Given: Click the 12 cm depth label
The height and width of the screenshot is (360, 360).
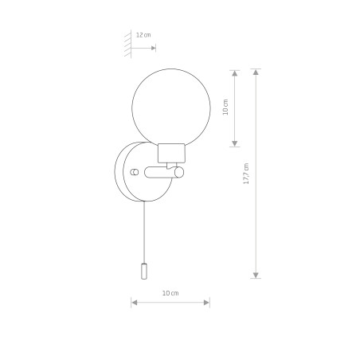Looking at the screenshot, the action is coord(143,35).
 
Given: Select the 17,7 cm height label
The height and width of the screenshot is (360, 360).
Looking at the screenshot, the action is coord(246,174).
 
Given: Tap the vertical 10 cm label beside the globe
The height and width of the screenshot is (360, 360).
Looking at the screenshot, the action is coord(225,108).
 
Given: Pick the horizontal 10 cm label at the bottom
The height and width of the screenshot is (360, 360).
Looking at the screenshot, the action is coord(170,293).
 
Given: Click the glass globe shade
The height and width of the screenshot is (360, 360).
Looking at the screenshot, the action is coord(171,108).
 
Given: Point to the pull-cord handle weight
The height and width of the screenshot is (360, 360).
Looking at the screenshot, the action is coord(144,271).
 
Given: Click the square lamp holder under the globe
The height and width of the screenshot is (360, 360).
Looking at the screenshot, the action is coord(171,153).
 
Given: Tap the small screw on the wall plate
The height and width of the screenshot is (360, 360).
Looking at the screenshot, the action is coord(135,172).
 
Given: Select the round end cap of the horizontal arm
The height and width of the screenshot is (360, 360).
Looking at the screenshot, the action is coord(179,172).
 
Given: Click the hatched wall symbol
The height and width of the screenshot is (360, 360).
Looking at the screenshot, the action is coord(128,44).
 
